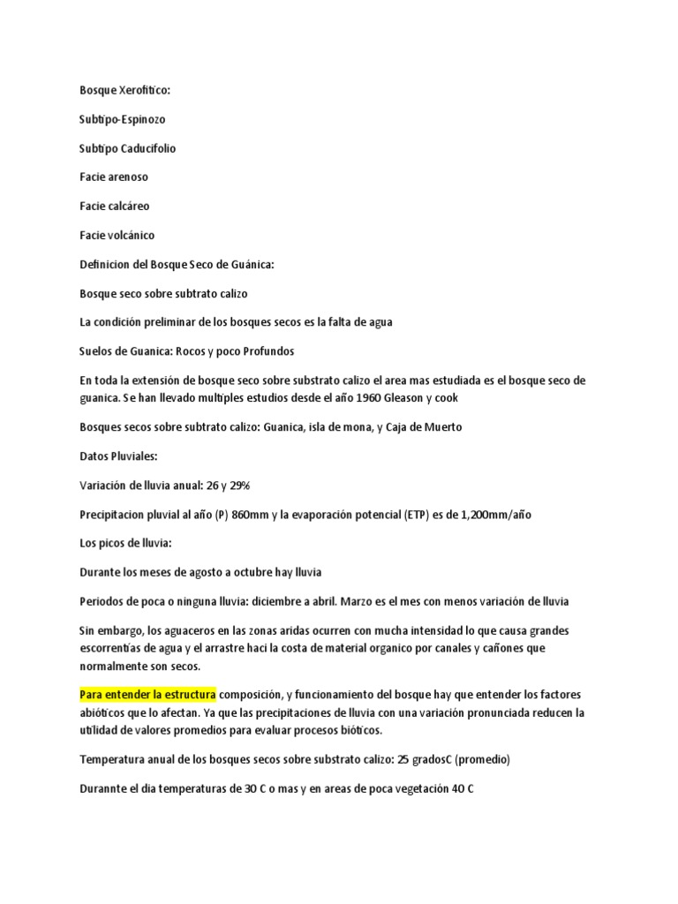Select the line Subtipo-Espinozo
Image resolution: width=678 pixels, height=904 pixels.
pos(122,119)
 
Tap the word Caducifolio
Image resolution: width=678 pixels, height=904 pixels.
pos(148,148)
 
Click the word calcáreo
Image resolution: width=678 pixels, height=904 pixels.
pos(128,206)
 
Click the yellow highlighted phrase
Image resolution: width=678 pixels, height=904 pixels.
pos(147,694)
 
